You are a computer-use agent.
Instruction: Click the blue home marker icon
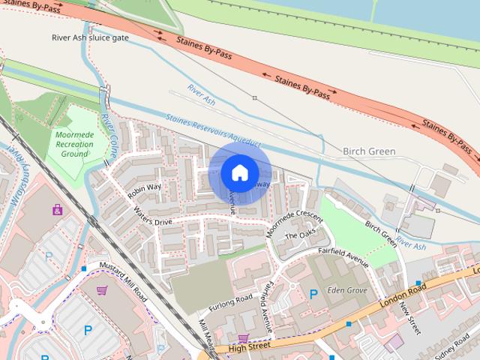click(238, 172)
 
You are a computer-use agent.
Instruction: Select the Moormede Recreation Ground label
click(74, 142)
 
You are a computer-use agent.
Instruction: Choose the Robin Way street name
click(145, 190)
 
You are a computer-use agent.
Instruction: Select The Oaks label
click(298, 235)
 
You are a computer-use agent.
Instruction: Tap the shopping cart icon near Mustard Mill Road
click(102, 291)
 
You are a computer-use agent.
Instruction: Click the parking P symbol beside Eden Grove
click(313, 294)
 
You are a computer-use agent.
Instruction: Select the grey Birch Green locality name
click(368, 151)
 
